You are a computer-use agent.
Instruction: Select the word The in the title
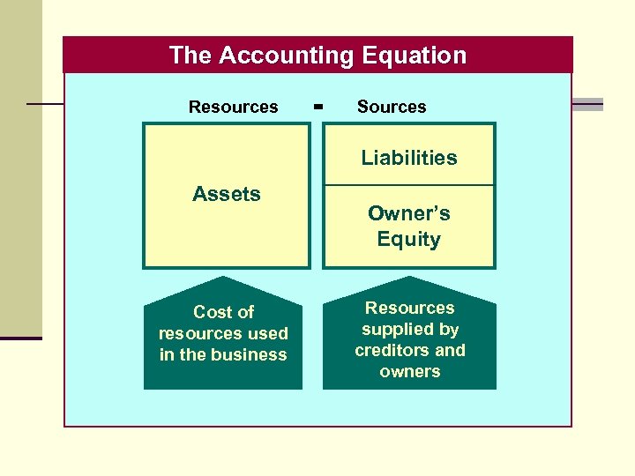pos(190,56)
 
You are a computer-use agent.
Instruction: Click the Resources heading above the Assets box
pos(233,107)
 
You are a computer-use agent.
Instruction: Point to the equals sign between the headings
pos(318,107)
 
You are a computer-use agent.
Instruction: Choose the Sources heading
pos(392,107)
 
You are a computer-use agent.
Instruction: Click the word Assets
pos(227,194)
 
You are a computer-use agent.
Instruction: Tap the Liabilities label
pos(409,158)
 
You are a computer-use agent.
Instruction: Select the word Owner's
pos(409,213)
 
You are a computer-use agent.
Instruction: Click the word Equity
pos(409,239)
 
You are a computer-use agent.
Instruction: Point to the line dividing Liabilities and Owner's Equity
pos(409,185)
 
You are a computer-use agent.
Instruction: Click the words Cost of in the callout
pos(223,312)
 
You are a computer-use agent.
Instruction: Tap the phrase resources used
pos(223,333)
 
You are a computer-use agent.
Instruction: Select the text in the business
pos(223,354)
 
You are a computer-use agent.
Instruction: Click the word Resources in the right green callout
pos(410,308)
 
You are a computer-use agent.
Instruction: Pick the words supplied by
pos(410,329)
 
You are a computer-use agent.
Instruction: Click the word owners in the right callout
pos(410,371)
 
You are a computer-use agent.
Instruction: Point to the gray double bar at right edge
pos(587,104)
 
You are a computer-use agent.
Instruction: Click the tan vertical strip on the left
pos(20,167)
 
